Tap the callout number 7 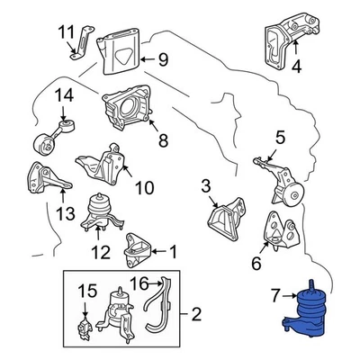[x=277, y=292]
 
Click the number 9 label [x=163, y=60]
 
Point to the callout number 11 [x=66, y=33]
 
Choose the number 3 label [x=205, y=185]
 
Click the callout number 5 [x=281, y=138]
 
